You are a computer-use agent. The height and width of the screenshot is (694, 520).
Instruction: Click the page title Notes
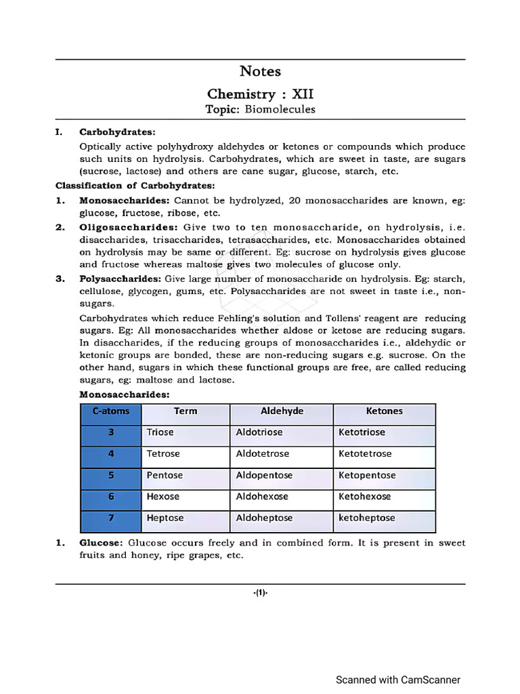[x=260, y=71]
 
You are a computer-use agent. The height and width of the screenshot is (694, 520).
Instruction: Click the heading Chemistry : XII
[x=260, y=94]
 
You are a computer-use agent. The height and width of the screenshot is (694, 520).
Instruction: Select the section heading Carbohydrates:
[x=117, y=132]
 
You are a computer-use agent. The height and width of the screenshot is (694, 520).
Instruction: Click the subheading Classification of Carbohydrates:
[x=135, y=185]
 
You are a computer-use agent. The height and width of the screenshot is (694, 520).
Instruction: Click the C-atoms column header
[x=111, y=411]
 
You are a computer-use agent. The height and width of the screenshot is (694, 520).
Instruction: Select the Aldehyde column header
[x=282, y=411]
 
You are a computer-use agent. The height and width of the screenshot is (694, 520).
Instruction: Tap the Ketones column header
[x=384, y=411]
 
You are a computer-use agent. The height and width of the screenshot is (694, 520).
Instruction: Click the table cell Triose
[x=160, y=432]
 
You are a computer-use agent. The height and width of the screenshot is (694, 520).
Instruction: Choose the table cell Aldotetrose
[x=262, y=454]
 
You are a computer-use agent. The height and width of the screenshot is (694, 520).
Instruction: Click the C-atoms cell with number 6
[x=111, y=497]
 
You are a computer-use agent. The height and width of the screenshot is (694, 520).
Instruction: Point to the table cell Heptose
[x=165, y=518]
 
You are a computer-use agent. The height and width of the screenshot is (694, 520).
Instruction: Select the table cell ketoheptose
[x=366, y=518]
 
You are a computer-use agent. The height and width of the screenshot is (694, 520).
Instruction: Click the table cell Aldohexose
[x=262, y=497]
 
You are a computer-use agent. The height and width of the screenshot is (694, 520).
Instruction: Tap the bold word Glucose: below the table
[x=101, y=543]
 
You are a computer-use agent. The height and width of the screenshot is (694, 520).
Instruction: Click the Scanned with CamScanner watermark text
[x=398, y=680]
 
